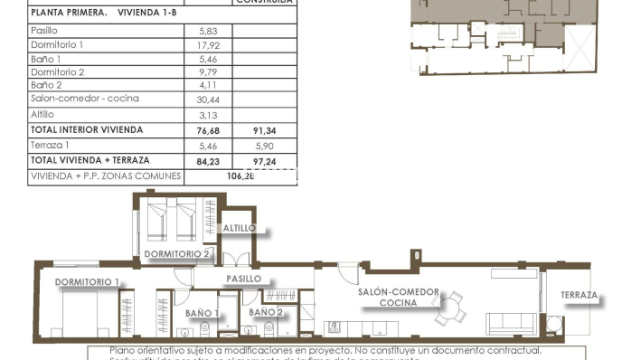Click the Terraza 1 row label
pyautogui.click(x=49, y=145)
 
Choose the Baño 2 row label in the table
pyautogui.click(x=45, y=85)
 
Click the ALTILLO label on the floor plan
pyautogui.click(x=239, y=228)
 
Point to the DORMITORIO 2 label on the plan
pyautogui.click(x=176, y=254)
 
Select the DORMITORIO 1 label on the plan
pyautogui.click(x=87, y=282)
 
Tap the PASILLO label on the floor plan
pyautogui.click(x=243, y=279)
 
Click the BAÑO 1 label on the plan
pyautogui.click(x=203, y=313)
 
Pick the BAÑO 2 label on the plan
pyautogui.click(x=267, y=312)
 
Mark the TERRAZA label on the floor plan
pyautogui.click(x=579, y=296)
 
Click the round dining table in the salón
pyautogui.click(x=448, y=310)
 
